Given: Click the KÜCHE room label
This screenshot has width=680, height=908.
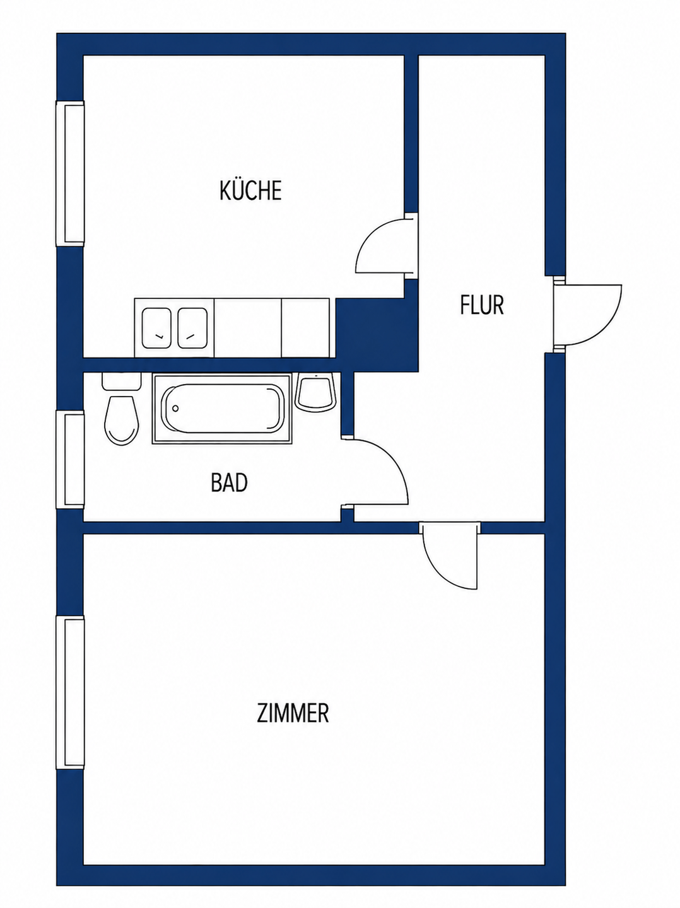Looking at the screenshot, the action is (250, 190).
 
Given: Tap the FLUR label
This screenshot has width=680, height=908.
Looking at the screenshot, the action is (482, 305).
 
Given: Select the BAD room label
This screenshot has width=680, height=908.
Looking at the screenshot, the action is (229, 482).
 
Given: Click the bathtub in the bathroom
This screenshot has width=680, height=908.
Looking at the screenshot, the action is (222, 409).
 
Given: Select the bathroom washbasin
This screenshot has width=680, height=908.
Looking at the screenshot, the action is (315, 392).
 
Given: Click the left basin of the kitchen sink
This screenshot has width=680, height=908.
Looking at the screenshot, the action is (157, 329).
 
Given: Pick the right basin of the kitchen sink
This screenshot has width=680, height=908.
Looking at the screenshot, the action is (193, 329).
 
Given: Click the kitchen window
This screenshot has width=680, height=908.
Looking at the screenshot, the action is (70, 174).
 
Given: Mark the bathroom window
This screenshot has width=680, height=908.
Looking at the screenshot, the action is (70, 459).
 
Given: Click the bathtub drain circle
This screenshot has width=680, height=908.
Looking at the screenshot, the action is (175, 409).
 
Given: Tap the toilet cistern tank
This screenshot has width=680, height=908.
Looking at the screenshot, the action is (122, 381).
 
